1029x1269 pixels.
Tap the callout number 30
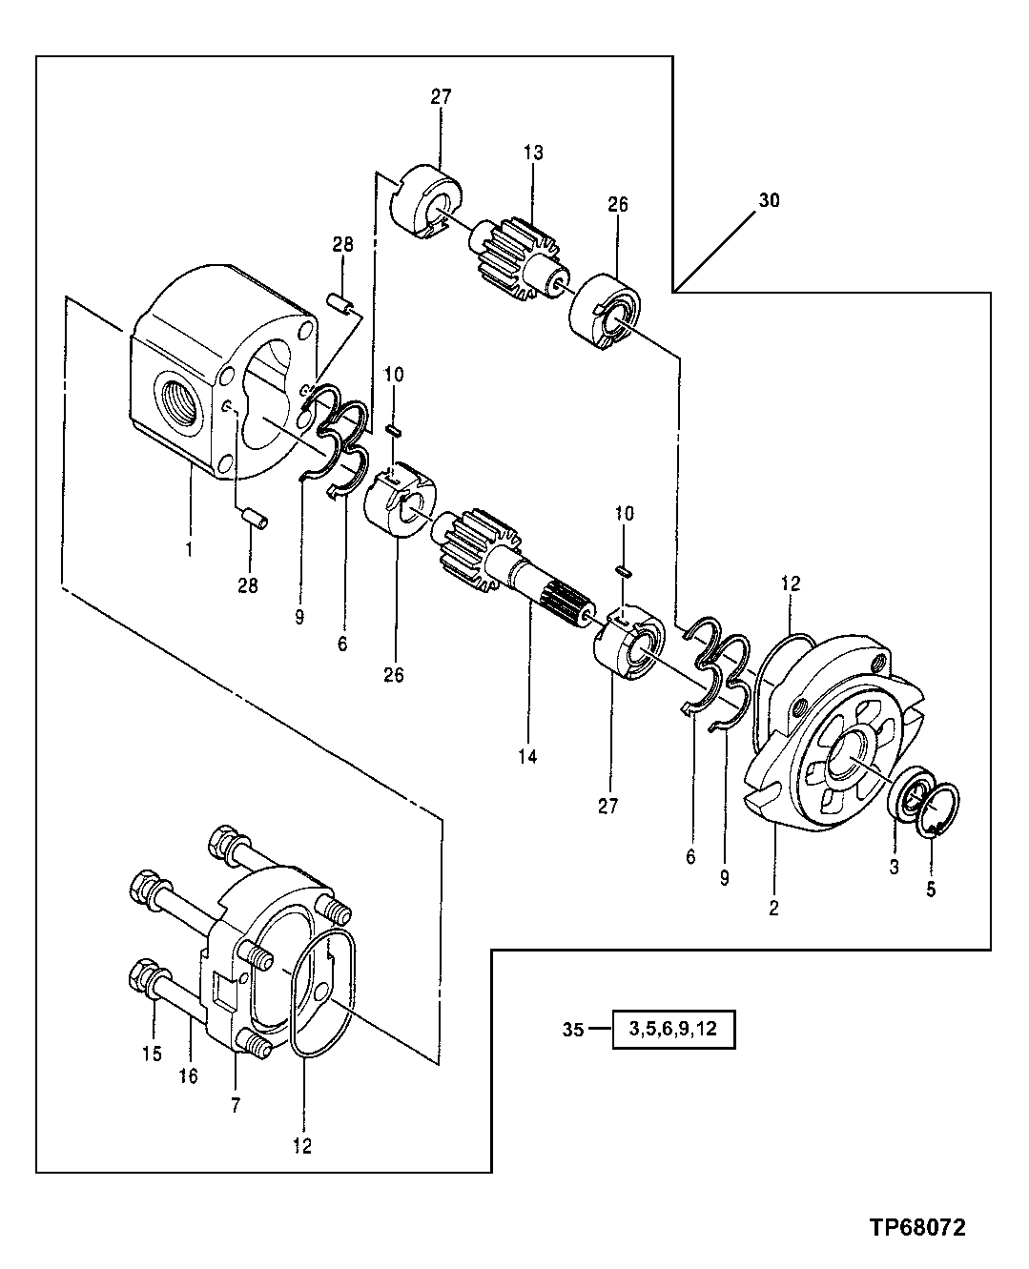coord(769,201)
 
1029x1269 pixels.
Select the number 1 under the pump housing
coord(188,549)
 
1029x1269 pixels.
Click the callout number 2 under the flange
coord(773,909)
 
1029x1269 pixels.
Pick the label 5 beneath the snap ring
coord(931,890)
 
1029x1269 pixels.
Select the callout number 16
coord(188,1075)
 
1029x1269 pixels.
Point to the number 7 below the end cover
coord(235,1105)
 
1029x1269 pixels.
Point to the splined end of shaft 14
coord(566,606)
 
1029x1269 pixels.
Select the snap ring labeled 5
coord(938,809)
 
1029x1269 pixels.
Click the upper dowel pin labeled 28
coord(340,302)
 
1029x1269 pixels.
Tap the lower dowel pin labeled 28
coord(253,518)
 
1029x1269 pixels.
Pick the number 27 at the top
coord(441,96)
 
